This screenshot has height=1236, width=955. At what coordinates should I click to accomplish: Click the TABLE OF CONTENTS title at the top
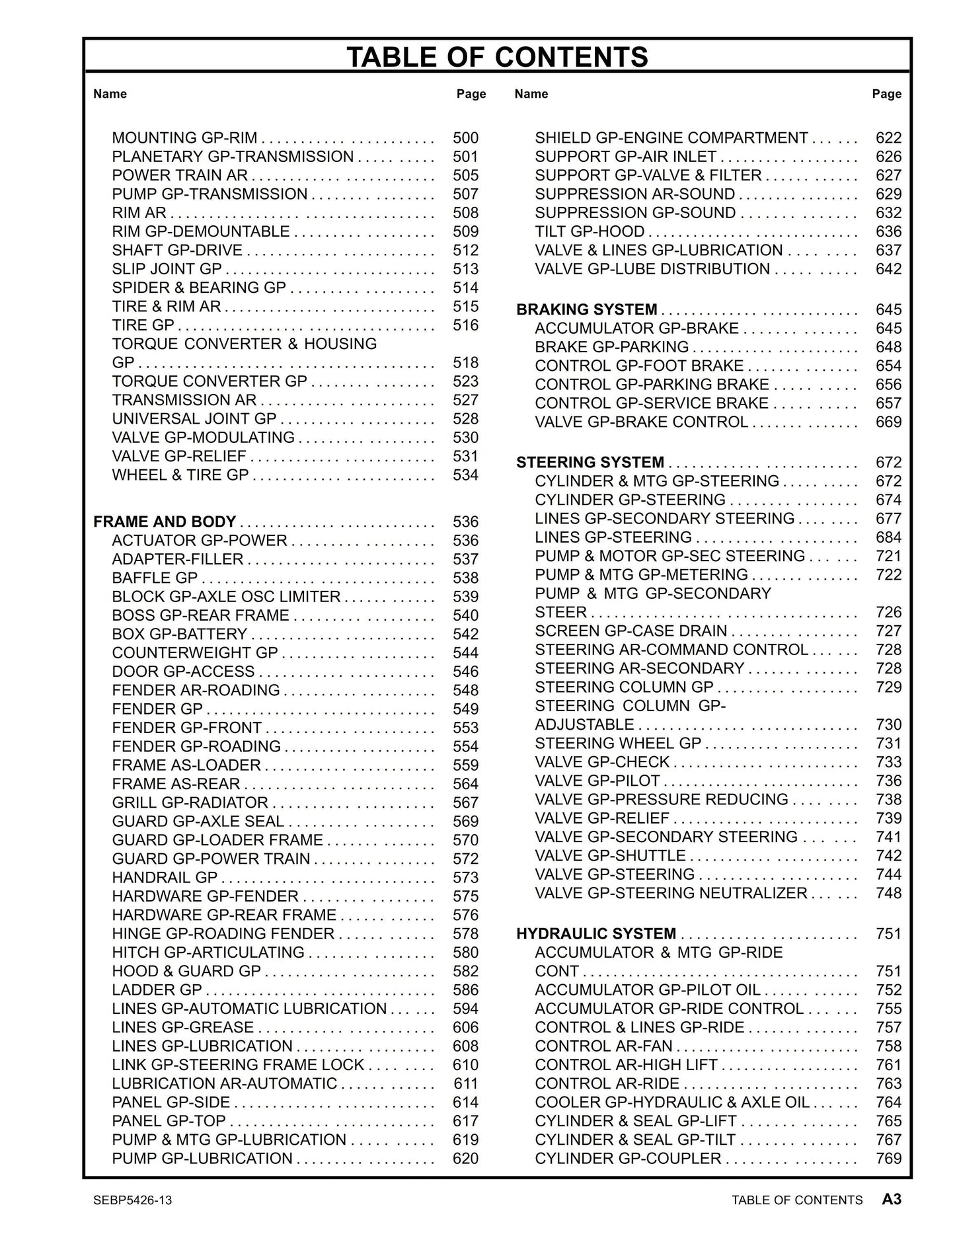497,57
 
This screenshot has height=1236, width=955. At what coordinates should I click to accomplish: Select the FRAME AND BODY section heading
165,522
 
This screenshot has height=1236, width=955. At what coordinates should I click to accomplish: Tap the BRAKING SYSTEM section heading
586,310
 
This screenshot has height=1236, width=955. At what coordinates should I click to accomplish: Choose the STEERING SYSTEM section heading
590,463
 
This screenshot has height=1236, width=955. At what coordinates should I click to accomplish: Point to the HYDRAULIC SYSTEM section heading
595,934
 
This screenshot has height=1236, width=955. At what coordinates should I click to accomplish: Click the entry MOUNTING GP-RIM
184,138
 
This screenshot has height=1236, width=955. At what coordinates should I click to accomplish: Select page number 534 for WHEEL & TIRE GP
465,475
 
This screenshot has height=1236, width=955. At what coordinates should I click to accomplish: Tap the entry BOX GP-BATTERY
179,635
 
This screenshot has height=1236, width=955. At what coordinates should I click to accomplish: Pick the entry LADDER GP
157,990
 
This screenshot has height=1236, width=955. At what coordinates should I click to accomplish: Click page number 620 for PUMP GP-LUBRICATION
465,1159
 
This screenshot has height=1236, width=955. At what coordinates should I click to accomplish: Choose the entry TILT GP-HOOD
589,232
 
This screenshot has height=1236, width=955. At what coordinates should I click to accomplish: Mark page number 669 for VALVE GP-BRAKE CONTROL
888,422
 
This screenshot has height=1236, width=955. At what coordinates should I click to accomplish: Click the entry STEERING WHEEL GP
617,744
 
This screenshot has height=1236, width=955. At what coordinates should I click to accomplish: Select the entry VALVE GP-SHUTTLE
609,856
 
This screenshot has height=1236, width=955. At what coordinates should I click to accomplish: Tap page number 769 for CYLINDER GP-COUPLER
888,1159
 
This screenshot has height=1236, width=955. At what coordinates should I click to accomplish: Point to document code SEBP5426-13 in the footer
133,1200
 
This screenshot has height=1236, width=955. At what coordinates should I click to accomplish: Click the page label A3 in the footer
892,1199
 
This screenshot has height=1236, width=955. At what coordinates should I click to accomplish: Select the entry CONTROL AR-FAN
603,1046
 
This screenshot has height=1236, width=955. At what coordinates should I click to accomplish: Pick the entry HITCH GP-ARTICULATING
208,952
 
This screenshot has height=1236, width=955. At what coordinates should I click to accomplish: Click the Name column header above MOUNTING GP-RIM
110,94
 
